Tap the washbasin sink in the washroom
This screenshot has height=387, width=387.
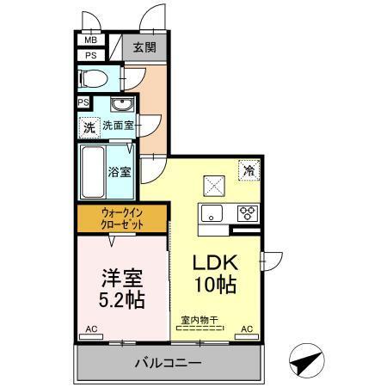click(121, 106)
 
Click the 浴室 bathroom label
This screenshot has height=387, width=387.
click(120, 170)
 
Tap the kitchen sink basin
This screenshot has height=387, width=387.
click(212, 213)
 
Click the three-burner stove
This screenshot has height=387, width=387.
click(247, 213)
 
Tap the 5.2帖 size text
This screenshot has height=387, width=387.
click(120, 301)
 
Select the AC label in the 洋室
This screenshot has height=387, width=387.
click(92, 329)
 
